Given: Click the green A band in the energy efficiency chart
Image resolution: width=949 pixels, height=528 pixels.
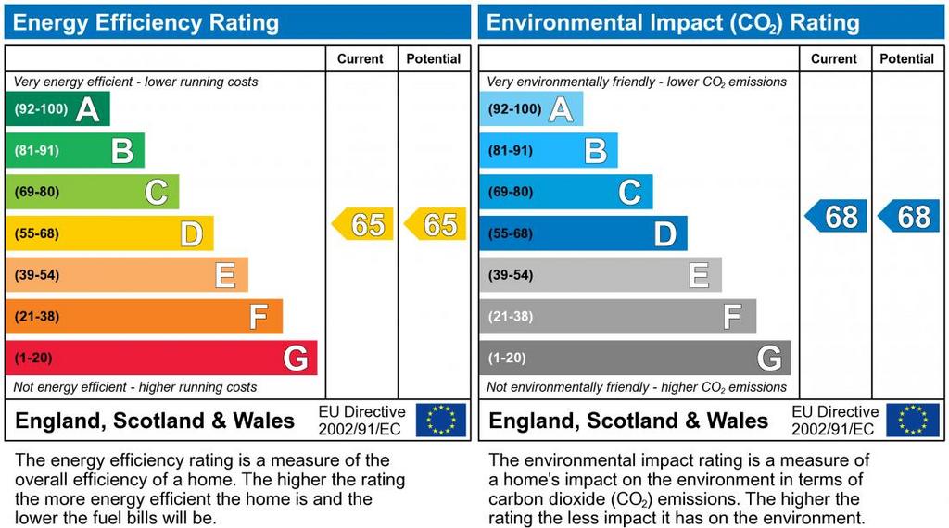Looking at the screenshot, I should [57, 109].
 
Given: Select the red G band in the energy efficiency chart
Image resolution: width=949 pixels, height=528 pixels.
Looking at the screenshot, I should [161, 358].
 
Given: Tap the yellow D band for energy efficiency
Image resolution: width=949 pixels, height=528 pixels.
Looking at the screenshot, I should [109, 233].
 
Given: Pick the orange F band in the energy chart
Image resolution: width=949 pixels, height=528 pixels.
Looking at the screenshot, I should [144, 317].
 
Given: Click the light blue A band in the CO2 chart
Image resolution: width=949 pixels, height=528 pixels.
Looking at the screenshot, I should [531, 109].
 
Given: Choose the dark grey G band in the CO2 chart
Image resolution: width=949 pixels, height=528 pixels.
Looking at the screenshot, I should [635, 358].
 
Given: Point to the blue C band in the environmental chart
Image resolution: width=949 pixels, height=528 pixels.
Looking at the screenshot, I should [565, 193].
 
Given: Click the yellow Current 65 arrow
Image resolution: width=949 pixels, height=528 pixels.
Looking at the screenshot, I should [362, 224].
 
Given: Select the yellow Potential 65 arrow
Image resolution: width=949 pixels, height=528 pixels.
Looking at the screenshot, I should [436, 224].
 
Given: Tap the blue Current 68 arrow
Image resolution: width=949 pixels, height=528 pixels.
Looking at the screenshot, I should [836, 216].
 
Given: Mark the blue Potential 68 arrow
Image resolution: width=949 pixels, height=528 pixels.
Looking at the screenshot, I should [909, 216].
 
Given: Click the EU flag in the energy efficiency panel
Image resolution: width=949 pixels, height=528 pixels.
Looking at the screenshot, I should [440, 420].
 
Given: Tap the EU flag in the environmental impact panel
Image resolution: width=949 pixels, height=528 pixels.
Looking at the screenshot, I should [913, 420].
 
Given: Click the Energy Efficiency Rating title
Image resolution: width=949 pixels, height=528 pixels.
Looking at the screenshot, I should [146, 22].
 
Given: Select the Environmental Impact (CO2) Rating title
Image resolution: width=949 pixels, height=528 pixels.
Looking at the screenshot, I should [673, 22].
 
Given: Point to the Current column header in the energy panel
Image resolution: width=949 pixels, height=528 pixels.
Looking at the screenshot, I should [361, 58].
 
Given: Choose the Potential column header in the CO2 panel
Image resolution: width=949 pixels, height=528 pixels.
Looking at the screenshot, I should [906, 58].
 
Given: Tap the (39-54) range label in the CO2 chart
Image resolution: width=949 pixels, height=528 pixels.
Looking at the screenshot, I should [511, 275].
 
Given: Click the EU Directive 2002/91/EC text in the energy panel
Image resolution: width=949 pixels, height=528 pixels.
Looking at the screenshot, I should [361, 420].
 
